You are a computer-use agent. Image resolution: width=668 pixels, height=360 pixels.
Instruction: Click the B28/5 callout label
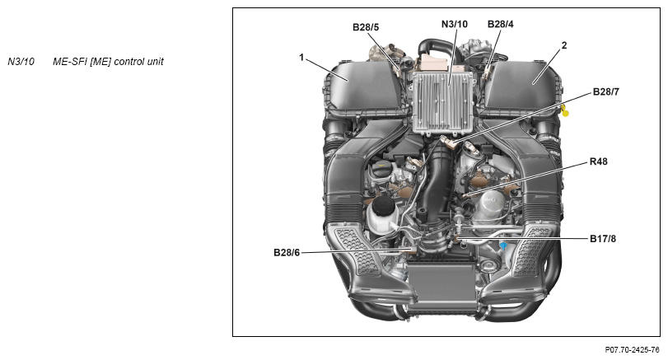point(366,27)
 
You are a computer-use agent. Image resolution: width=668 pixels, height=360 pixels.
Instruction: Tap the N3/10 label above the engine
point(454,24)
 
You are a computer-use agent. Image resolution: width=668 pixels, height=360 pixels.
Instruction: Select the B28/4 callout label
point(501,24)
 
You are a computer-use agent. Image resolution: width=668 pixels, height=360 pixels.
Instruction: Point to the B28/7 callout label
point(605,91)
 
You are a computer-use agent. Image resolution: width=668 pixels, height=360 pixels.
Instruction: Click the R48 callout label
point(599,161)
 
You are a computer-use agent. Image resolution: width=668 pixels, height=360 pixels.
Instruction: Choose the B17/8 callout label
point(603,239)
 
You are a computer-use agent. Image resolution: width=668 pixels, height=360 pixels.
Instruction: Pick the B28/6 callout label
point(287,253)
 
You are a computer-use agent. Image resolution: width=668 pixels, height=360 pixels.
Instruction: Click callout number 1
point(301,57)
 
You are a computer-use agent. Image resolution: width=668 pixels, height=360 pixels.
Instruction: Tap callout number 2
point(564,45)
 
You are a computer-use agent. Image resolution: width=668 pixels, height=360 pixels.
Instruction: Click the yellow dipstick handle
point(564,111)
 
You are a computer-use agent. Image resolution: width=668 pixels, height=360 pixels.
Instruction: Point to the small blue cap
point(503,246)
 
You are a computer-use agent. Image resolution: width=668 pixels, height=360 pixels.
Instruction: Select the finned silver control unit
point(443,102)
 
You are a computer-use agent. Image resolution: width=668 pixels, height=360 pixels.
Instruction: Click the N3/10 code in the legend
point(21,61)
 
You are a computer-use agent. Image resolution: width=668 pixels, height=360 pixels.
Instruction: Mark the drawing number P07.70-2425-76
point(632,350)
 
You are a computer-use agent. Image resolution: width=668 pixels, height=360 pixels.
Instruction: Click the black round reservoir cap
point(385,204)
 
